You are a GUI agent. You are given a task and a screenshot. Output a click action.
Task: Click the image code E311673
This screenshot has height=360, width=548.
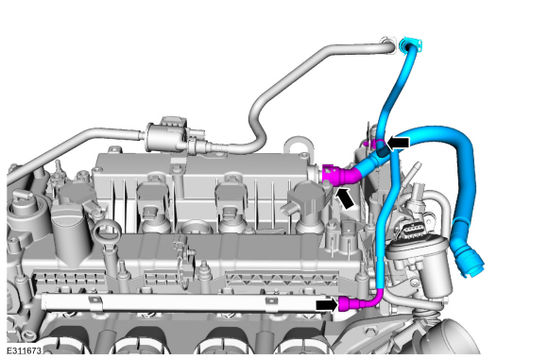point(25,351)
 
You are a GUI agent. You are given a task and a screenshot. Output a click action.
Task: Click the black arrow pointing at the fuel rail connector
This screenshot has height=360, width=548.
point(327,304)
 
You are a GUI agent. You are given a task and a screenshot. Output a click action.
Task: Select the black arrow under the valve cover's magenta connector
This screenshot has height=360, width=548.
point(344,197)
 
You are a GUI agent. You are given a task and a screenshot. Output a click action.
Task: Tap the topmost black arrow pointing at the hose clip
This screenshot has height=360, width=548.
point(398,143)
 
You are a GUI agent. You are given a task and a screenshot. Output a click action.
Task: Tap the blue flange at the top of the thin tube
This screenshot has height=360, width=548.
point(411,45)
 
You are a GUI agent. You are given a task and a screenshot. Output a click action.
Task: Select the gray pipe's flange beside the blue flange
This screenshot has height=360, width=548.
point(388,45)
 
